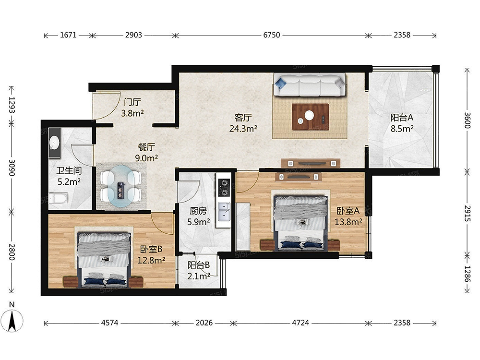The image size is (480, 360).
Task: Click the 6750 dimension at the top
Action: point(272,35)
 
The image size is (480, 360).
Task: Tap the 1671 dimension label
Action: point(68,35)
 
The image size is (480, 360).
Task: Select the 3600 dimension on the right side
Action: point(467,120)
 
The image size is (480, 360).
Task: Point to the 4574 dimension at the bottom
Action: point(109,323)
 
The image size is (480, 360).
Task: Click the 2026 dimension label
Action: point(204,323)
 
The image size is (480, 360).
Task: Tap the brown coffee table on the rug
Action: point(311,117)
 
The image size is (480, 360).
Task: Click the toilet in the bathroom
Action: point(58,198)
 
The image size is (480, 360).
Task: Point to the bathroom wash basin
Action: point(55,143)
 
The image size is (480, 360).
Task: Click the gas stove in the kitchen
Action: point(224,187)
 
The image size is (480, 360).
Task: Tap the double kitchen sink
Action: point(224,212)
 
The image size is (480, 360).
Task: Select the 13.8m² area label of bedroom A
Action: point(348,222)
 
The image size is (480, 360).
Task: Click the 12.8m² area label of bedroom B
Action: point(151,260)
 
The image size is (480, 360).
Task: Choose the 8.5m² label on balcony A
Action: point(402,128)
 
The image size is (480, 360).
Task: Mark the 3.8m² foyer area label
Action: point(132,113)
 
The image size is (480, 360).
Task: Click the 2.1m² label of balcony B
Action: point(199,276)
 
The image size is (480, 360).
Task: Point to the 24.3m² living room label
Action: point(243,129)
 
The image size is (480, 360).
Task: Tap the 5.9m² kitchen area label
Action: point(198,222)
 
